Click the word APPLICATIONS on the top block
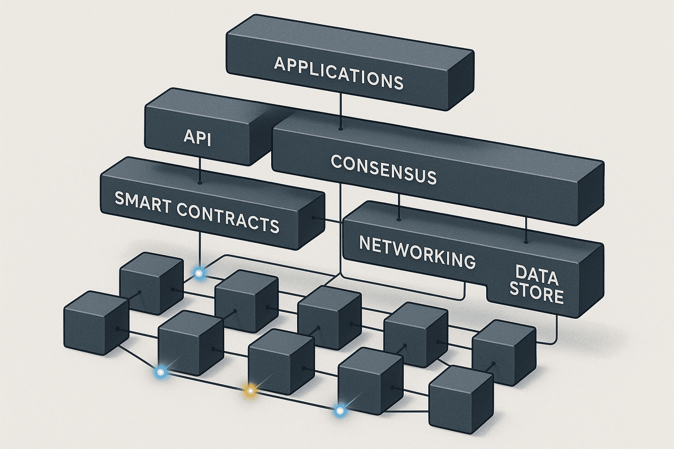[x=338, y=73]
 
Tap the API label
[x=197, y=137]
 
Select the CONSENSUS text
[x=384, y=169]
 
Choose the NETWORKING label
[x=417, y=252]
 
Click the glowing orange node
[x=250, y=390]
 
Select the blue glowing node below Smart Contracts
[x=200, y=273]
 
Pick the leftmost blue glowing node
[x=161, y=372]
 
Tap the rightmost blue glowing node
[x=339, y=411]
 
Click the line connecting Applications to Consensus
[x=341, y=111]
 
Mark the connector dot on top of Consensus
[x=341, y=129]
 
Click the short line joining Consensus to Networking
[x=399, y=206]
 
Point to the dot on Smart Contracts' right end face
[x=313, y=217]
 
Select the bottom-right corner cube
[x=461, y=400]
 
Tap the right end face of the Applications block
[x=461, y=79]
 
